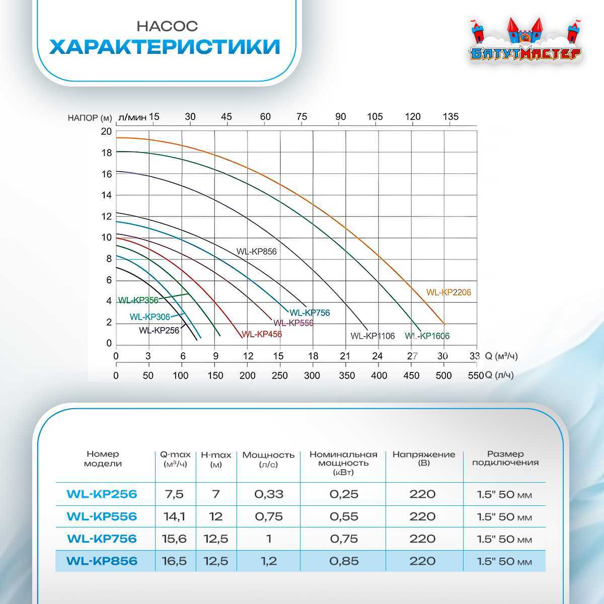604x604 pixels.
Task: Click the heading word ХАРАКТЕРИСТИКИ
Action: click(165, 47)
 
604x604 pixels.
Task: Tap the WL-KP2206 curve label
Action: click(448, 292)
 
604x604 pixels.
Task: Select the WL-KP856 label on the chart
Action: click(257, 252)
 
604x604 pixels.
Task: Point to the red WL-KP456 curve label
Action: click(262, 334)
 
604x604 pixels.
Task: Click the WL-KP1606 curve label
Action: click(427, 336)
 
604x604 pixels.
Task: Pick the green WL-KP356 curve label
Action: click(138, 300)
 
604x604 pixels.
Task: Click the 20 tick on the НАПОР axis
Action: click(106, 132)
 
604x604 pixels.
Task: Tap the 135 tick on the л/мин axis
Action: click(450, 117)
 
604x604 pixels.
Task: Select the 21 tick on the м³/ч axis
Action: click(345, 356)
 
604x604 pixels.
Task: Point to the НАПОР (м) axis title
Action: click(90, 118)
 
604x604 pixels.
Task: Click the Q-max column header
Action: click(175, 459)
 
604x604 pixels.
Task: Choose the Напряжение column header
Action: click(423, 458)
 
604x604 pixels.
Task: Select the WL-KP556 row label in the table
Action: click(102, 516)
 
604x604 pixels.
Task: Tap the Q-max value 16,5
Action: click(175, 561)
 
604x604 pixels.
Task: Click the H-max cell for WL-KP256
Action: click(216, 494)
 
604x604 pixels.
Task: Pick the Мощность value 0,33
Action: click(269, 494)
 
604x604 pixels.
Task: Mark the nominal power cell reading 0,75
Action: click(344, 539)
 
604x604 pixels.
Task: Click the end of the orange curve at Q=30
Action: click(443, 323)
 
